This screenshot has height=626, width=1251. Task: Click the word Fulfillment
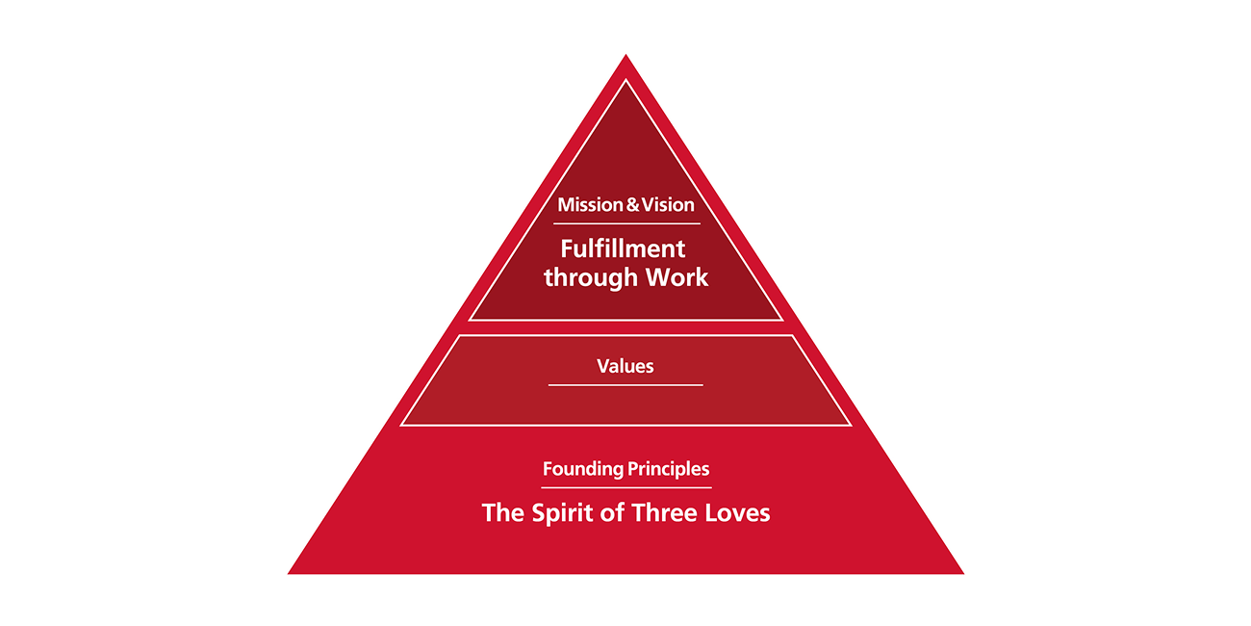623,248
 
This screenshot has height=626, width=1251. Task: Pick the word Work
675,278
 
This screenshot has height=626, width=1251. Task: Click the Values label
625,366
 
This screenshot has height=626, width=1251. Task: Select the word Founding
583,470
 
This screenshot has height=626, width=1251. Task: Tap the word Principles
669,470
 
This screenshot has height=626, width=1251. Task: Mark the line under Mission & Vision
625,223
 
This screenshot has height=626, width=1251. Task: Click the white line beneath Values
625,385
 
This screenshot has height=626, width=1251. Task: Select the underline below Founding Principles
625,487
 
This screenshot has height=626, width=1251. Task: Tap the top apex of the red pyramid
625,57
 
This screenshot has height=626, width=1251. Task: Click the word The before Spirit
502,513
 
